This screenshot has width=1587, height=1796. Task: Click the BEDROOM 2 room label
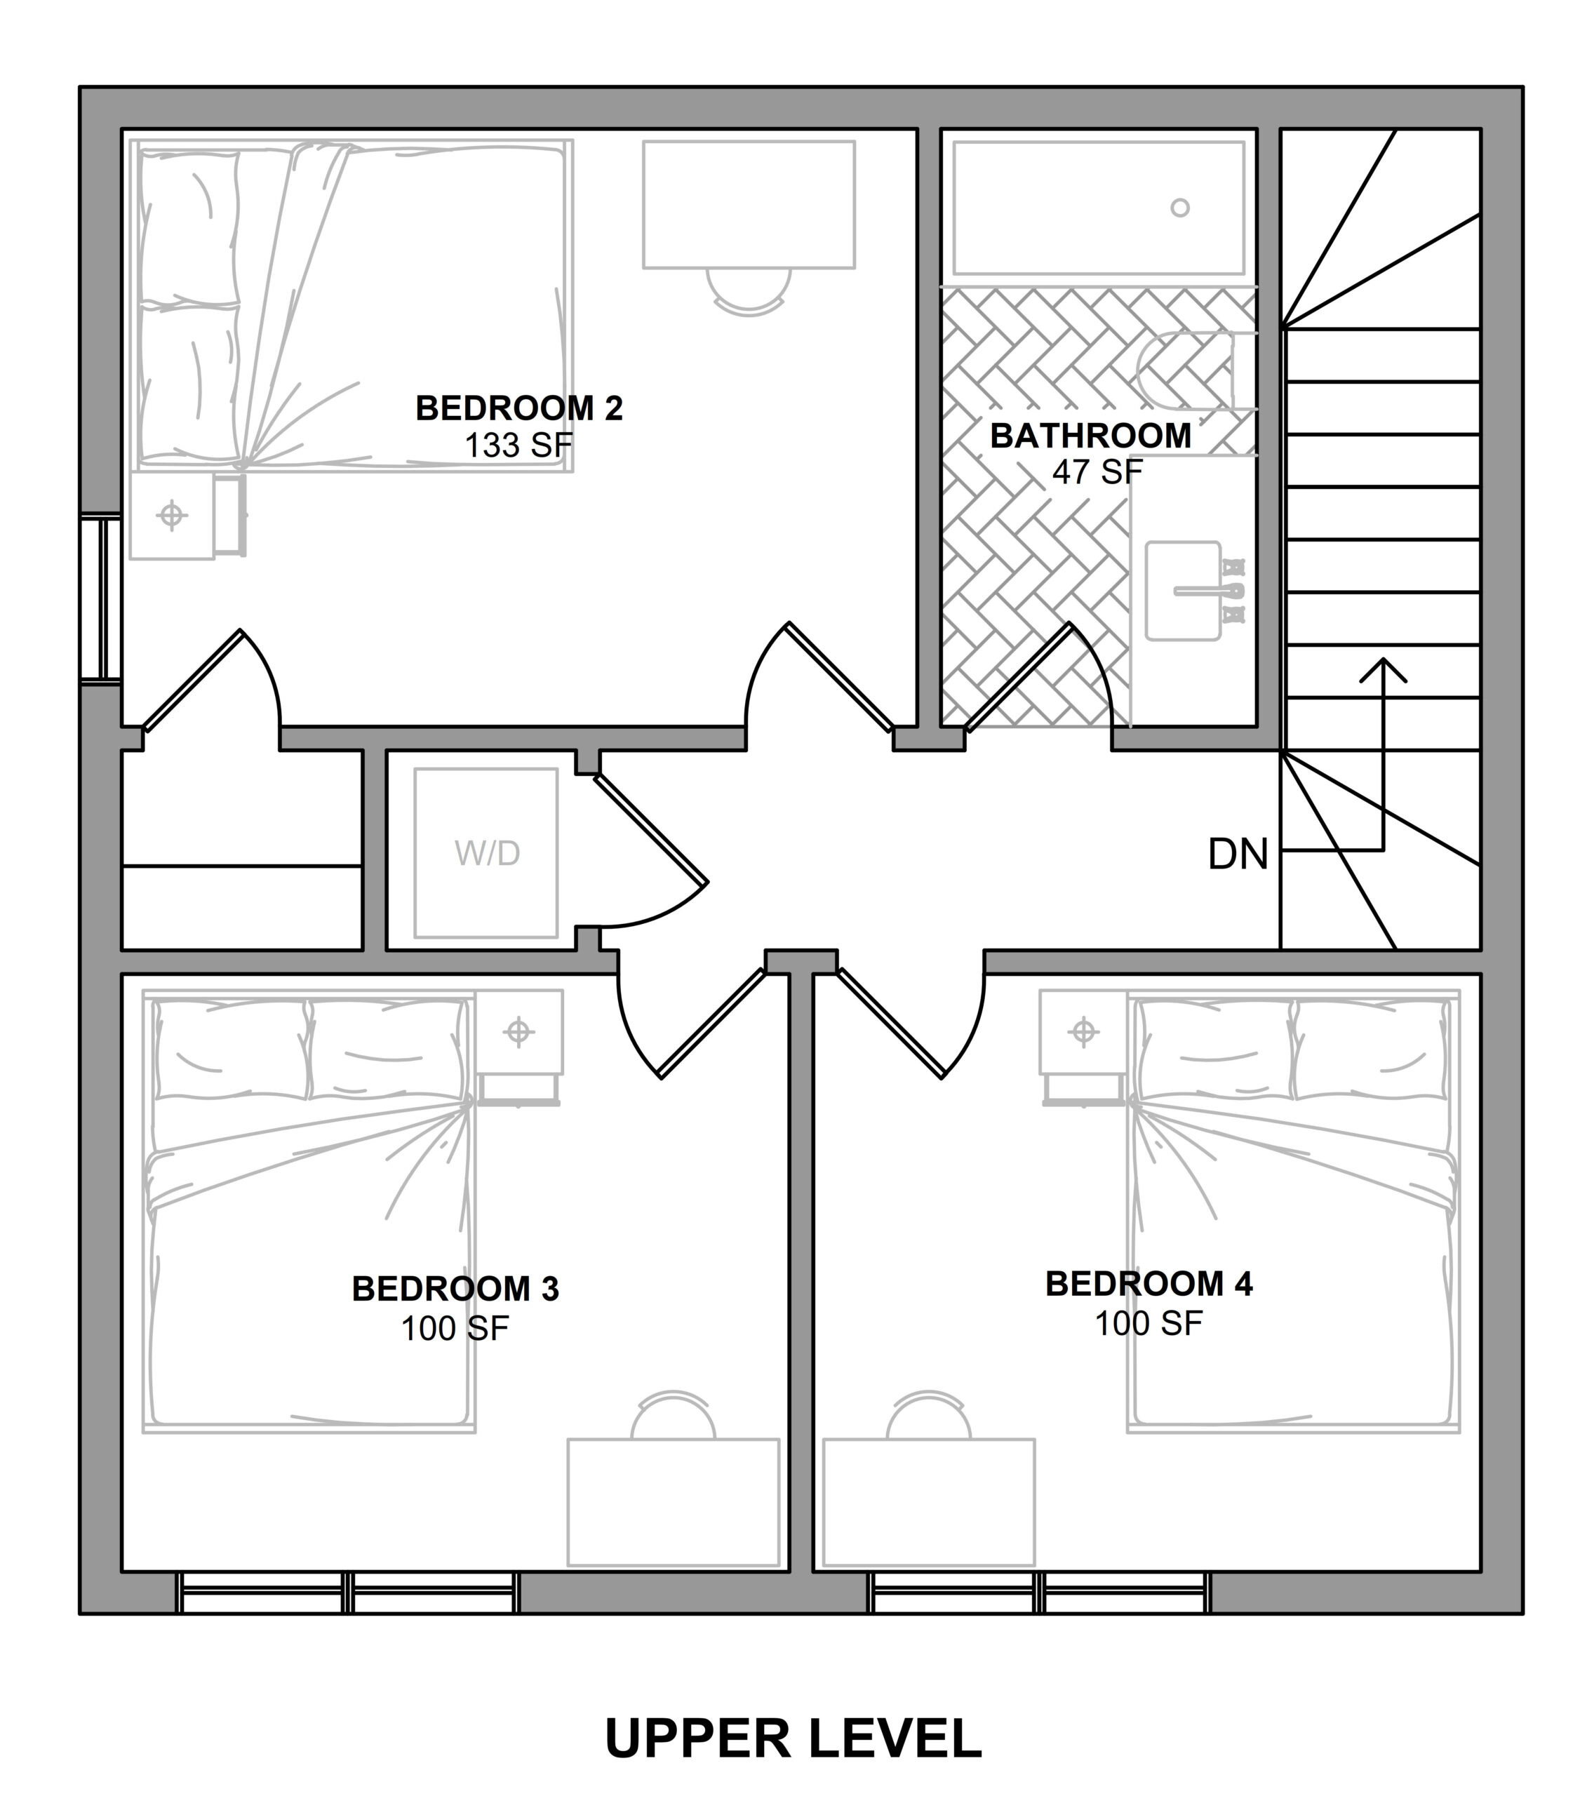pyautogui.click(x=518, y=408)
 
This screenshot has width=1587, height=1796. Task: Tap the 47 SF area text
pyautogui.click(x=1097, y=472)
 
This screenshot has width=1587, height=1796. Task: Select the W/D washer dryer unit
pyautogui.click(x=486, y=852)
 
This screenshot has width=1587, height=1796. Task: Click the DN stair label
pyautogui.click(x=1238, y=854)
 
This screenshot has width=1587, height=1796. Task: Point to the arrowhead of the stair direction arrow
pyautogui.click(x=1383, y=669)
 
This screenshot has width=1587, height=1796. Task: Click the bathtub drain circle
pyautogui.click(x=1180, y=208)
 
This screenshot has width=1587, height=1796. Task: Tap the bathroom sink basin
pyautogui.click(x=1183, y=591)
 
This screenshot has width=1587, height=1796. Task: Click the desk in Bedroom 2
pyautogui.click(x=749, y=205)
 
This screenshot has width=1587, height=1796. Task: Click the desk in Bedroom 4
pyautogui.click(x=929, y=1503)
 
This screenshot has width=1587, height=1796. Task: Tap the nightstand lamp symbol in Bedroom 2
pyautogui.click(x=172, y=515)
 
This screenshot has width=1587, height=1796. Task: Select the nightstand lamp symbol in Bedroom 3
pyautogui.click(x=518, y=1031)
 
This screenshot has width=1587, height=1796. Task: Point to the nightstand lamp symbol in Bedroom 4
pyautogui.click(x=1083, y=1031)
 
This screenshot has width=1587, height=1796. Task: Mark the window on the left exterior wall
pyautogui.click(x=100, y=598)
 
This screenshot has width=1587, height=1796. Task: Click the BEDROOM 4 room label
pyautogui.click(x=1149, y=1285)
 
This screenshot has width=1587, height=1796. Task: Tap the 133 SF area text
pyautogui.click(x=518, y=445)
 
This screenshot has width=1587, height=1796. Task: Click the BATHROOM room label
pyautogui.click(x=1090, y=436)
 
